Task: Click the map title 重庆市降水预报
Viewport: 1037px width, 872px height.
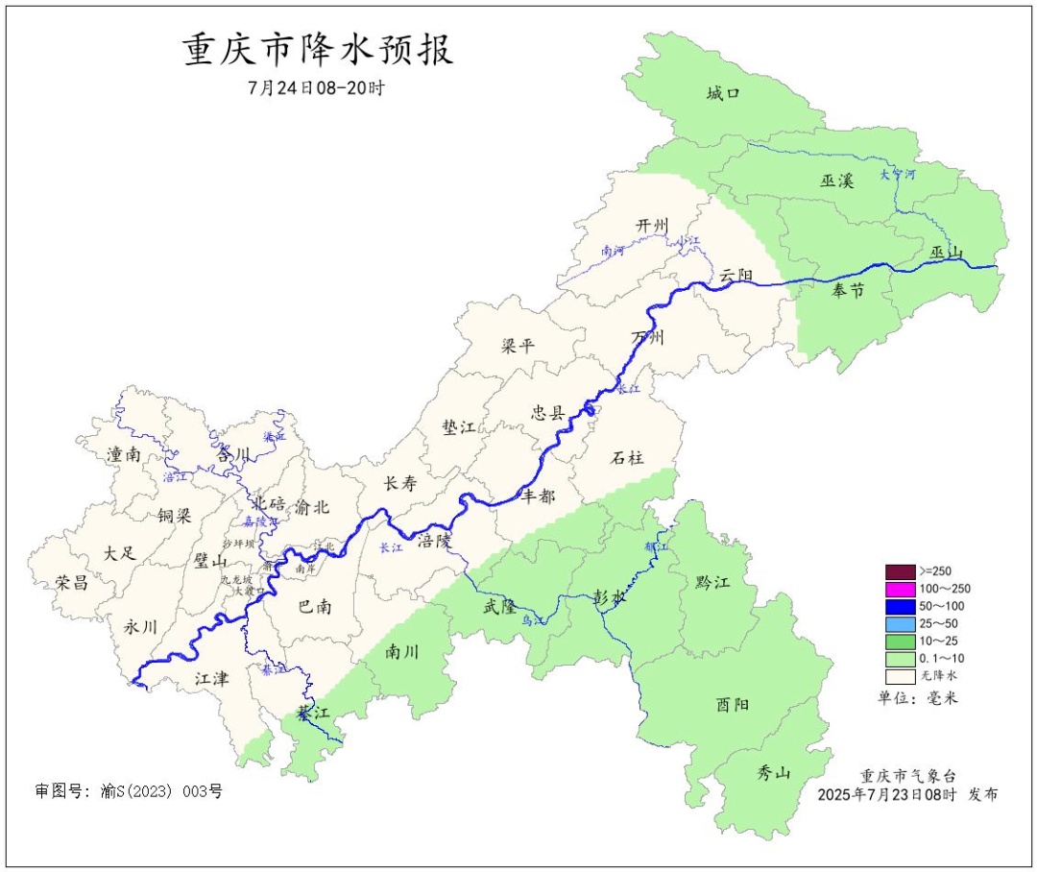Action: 318,50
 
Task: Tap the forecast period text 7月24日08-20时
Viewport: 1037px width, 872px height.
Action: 316,87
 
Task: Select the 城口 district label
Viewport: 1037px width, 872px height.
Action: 723,93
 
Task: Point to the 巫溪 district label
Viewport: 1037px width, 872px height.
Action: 836,180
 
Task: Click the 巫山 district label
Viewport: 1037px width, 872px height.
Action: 946,253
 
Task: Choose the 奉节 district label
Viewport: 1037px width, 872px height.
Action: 848,291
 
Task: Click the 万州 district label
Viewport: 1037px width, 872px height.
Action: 647,337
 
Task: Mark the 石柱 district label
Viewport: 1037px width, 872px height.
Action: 627,458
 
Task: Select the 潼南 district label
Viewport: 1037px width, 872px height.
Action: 124,454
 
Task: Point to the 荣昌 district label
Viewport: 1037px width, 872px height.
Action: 71,582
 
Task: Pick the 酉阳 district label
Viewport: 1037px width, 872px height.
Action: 733,704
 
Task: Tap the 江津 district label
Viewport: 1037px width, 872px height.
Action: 211,678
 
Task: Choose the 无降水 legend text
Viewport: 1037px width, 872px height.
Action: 938,676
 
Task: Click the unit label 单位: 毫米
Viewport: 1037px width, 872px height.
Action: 917,698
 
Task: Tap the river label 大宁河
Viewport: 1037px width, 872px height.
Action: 898,175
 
